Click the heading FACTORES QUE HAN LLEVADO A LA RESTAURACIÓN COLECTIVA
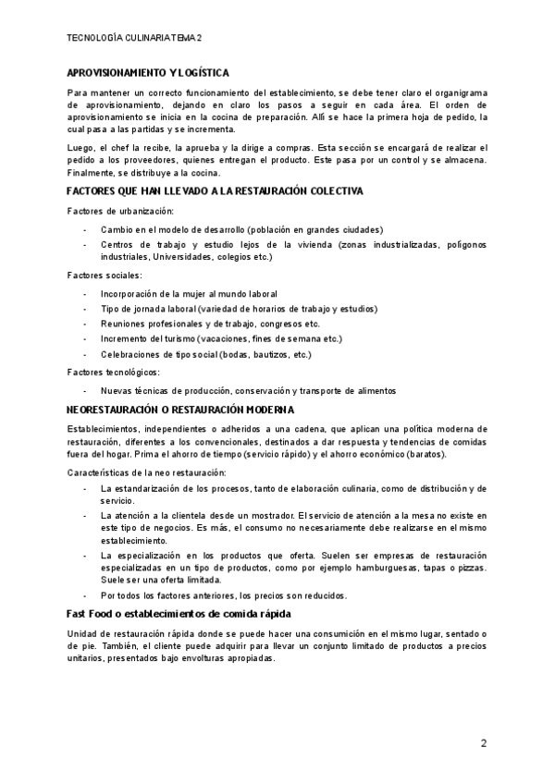pos(215,190)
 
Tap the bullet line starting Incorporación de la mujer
pos(188,294)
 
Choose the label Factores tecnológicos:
pos(114,372)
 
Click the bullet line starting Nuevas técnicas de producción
pos(248,390)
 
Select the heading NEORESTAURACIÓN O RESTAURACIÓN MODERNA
pos(180,409)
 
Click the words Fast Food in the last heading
pos(92,614)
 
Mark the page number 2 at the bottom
pos(483,743)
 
